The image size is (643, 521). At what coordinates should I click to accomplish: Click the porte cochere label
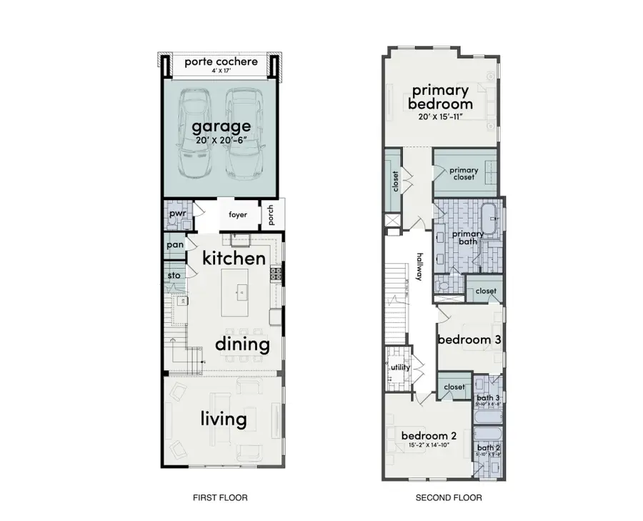click(221, 61)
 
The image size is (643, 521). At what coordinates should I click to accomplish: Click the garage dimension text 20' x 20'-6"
click(221, 142)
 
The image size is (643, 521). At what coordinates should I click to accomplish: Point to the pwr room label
click(175, 214)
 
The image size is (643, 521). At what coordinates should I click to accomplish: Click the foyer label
click(237, 214)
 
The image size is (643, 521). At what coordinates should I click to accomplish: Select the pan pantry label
click(174, 244)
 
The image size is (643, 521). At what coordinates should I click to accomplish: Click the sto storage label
click(173, 274)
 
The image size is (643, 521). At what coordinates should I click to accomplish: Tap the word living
click(224, 419)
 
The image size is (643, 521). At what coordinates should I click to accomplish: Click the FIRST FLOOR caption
click(221, 498)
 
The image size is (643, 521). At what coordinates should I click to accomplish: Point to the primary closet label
click(463, 173)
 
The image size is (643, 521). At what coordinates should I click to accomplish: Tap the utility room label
click(400, 367)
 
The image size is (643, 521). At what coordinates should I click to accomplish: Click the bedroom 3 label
click(468, 339)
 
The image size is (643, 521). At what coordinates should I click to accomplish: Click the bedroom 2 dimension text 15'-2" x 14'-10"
click(429, 445)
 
